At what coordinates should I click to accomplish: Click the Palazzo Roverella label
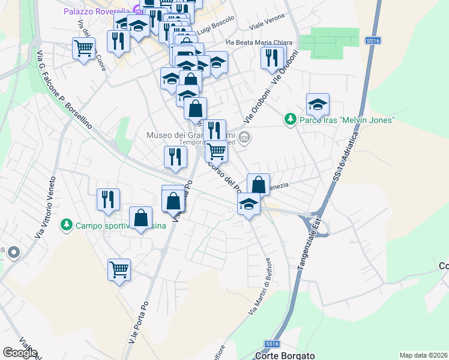click(x=98, y=11)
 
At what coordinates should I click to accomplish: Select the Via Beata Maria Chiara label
click(x=259, y=43)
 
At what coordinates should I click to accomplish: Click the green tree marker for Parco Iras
click(x=291, y=119)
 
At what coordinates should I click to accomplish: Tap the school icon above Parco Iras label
click(x=318, y=105)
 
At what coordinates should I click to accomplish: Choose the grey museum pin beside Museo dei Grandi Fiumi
click(x=244, y=138)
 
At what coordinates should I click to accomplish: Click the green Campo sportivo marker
click(x=65, y=226)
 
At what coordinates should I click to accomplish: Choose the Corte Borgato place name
click(x=285, y=355)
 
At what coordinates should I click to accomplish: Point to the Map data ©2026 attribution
click(x=423, y=355)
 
